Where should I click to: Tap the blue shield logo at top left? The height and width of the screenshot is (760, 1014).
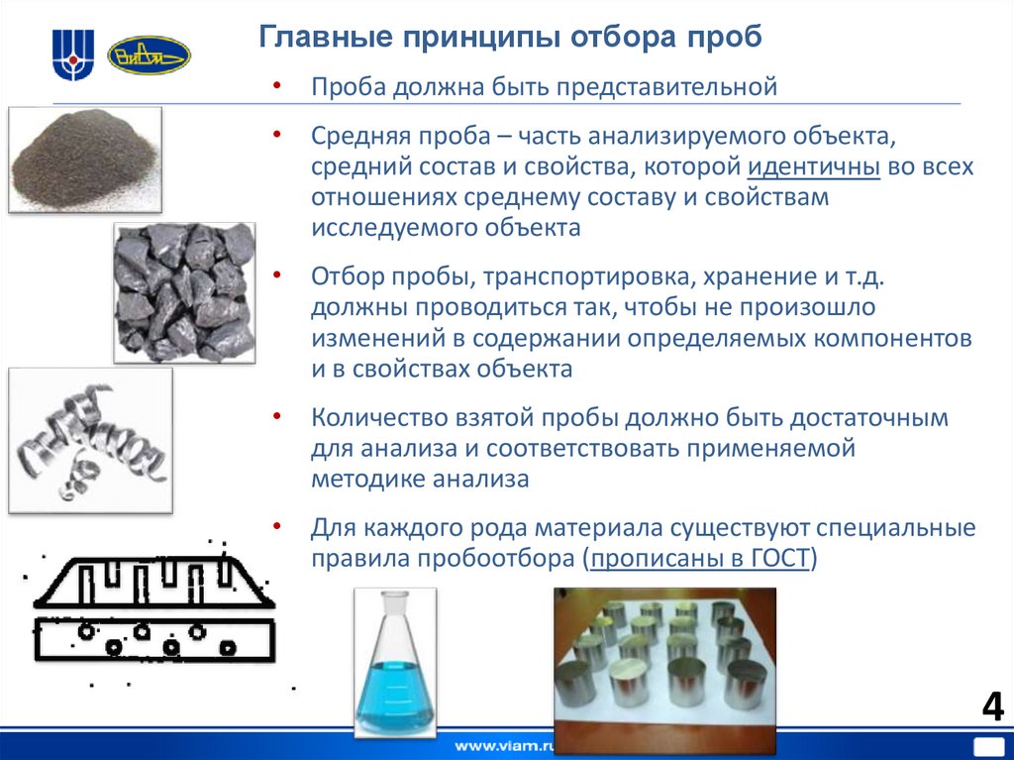pos(73,54)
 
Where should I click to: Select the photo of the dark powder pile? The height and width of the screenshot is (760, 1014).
pos(84,159)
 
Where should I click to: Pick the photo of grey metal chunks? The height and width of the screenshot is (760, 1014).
pos(184,291)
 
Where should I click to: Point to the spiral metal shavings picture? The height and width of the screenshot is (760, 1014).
pos(89,440)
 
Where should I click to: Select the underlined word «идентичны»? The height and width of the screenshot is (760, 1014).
pos(814,165)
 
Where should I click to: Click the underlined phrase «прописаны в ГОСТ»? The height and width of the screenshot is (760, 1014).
pos(699,559)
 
